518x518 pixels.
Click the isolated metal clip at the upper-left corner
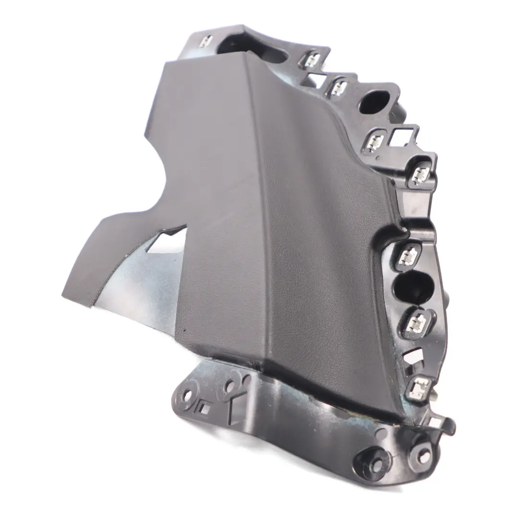click(205, 41)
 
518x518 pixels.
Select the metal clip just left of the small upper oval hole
click(340, 87)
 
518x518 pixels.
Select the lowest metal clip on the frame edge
click(419, 387)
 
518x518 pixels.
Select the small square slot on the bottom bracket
click(203, 409)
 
